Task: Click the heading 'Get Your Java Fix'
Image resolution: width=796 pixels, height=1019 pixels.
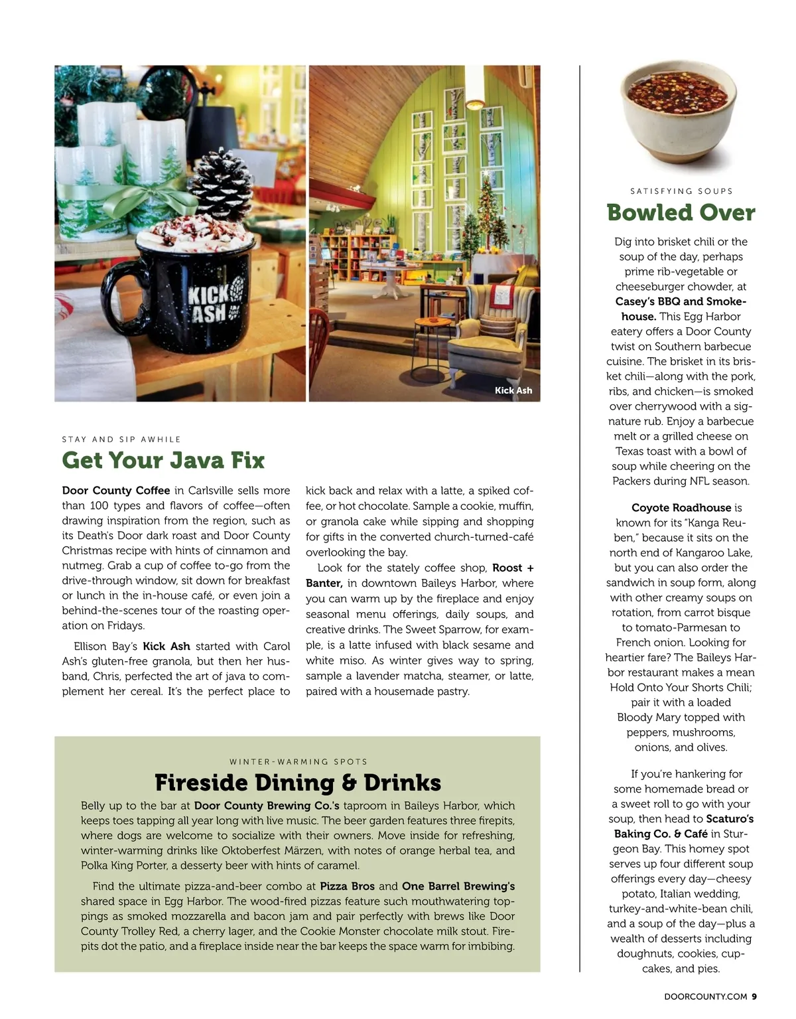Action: pos(163,460)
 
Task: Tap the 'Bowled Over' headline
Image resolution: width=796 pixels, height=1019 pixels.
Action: pos(681,212)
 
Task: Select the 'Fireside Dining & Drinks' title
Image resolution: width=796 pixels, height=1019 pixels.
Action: pos(298,783)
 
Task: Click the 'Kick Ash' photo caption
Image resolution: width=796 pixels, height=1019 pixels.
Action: pos(513,390)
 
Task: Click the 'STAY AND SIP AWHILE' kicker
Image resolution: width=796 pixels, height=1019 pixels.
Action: pos(121,439)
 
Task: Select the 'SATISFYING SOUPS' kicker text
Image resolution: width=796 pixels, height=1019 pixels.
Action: pos(681,191)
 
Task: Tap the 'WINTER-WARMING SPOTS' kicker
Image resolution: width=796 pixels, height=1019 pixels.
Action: pos(298,761)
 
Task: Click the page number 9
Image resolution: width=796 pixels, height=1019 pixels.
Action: pos(754,996)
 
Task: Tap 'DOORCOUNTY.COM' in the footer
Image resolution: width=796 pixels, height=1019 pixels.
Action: pos(705,996)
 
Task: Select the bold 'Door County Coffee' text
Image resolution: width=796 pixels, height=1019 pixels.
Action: pos(116,491)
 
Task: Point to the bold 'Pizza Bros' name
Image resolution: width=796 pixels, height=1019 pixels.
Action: pos(347,886)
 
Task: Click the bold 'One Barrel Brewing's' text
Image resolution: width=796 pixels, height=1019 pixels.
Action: pos(458,886)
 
